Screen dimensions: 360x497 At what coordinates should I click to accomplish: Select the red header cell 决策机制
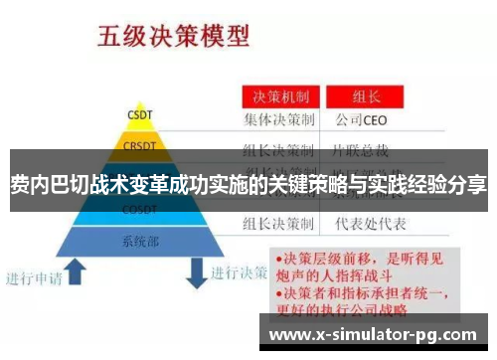coord(280,98)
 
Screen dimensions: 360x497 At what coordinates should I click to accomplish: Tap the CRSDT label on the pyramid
coord(139,146)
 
